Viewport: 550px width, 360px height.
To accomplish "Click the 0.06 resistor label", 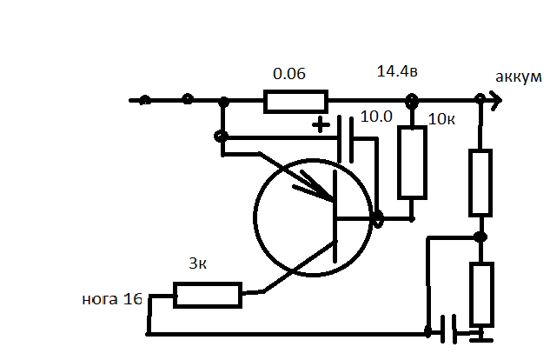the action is [x=289, y=74].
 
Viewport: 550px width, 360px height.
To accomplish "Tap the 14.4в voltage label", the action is [x=397, y=71].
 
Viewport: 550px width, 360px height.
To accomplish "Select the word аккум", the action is [x=519, y=77].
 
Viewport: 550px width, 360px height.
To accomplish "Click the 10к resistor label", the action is [x=441, y=119].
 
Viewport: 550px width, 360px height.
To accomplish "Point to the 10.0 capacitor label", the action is [x=376, y=117].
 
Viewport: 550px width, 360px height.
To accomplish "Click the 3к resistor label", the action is [x=197, y=263].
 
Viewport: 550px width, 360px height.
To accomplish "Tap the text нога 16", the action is [x=112, y=299].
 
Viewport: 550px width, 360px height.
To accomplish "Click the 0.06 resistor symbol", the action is [x=295, y=102].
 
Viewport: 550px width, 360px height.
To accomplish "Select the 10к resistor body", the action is [x=412, y=163].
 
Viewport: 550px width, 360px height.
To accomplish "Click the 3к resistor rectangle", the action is [x=208, y=295].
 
